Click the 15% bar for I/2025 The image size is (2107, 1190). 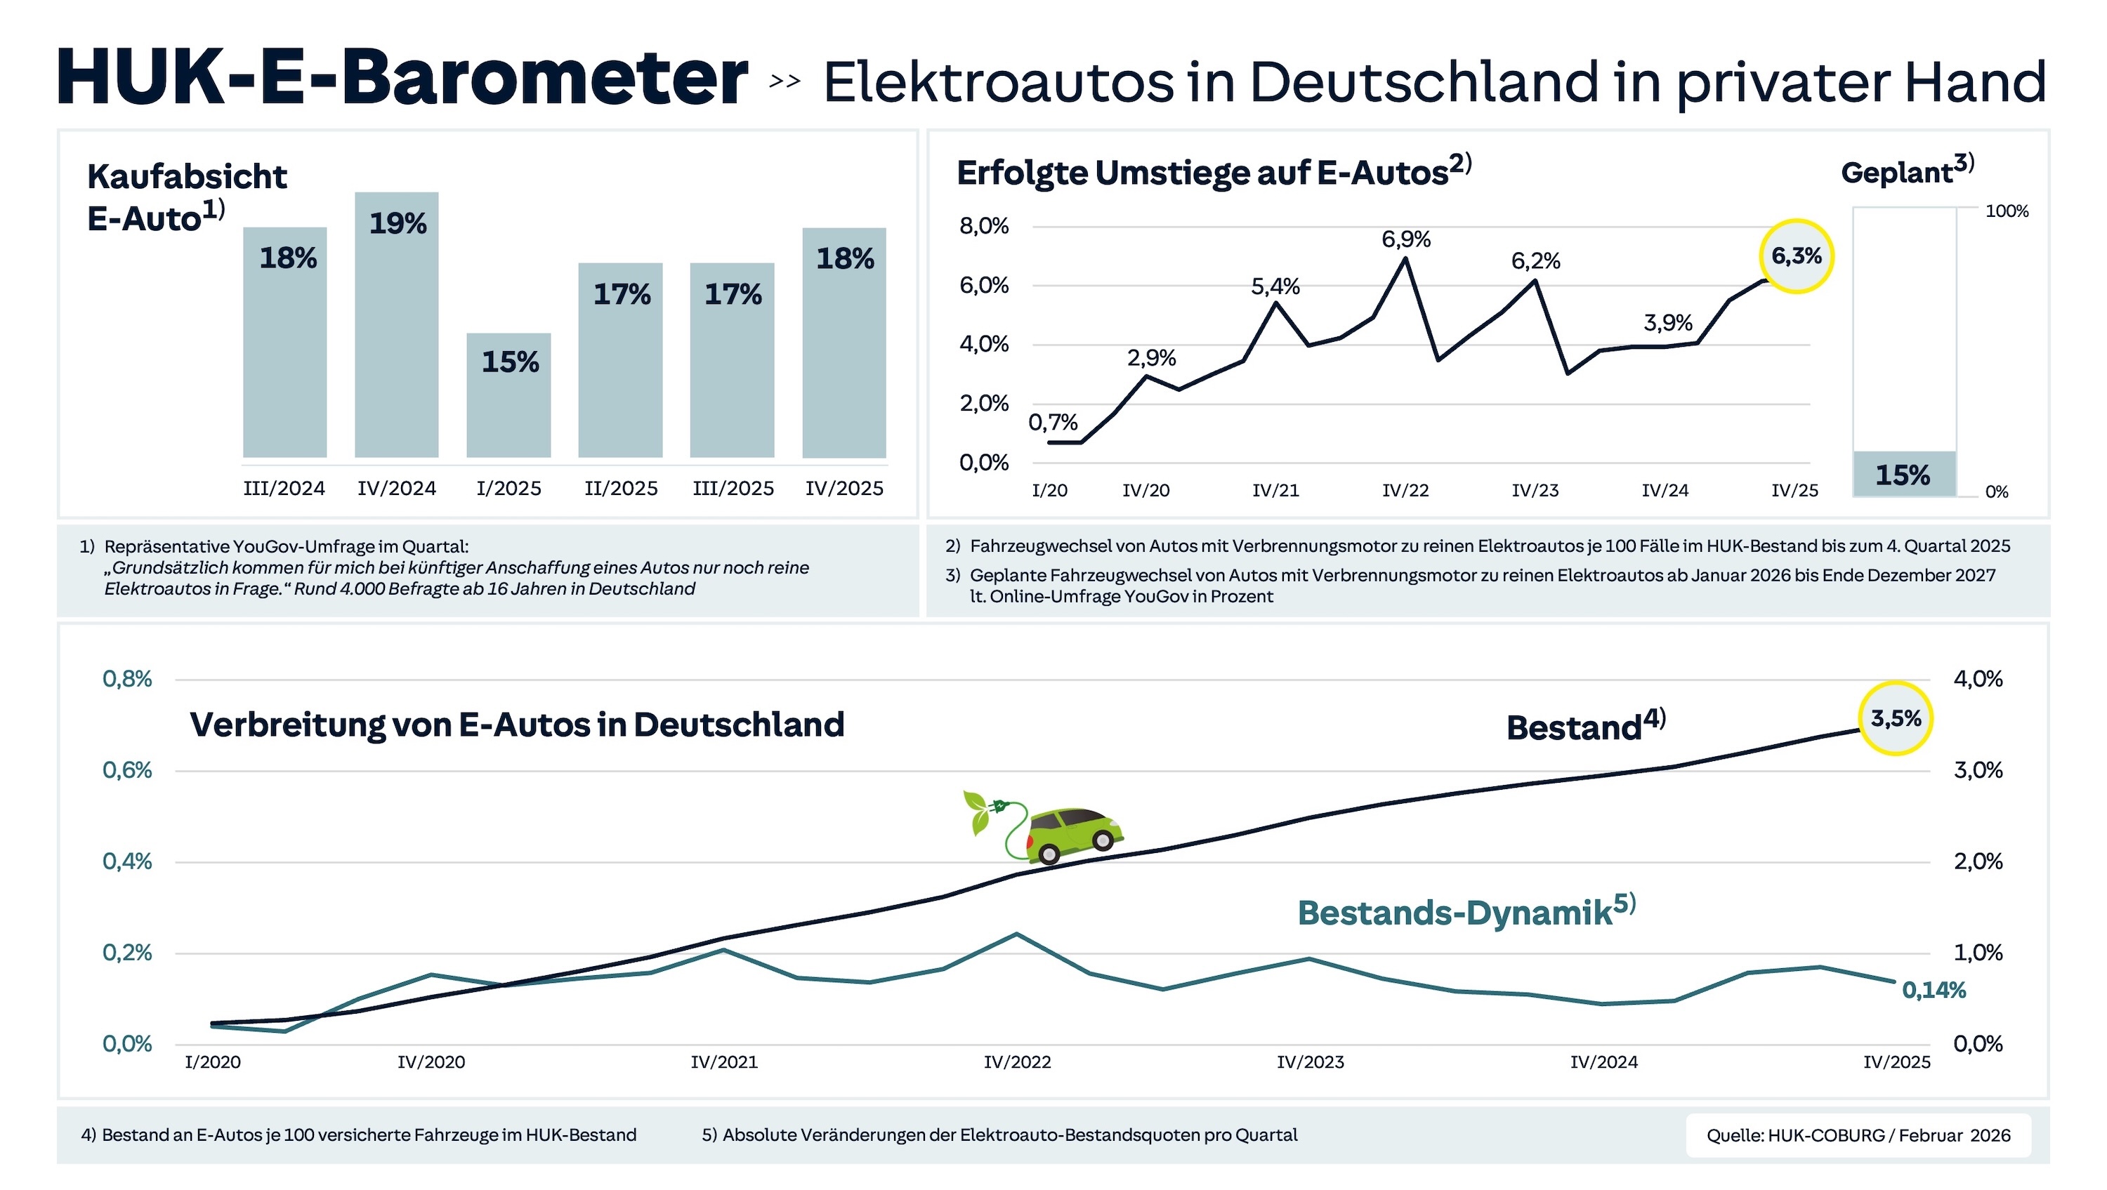point(508,395)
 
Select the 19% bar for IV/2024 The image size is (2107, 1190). point(397,324)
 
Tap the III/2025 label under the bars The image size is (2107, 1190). point(733,488)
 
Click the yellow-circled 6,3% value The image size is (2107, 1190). point(1796,256)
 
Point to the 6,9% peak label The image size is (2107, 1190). point(1406,239)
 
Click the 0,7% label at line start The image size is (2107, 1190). point(1053,423)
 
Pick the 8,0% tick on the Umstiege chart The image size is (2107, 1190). point(984,226)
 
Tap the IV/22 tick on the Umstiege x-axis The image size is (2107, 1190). point(1405,491)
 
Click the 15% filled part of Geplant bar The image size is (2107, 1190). point(1904,475)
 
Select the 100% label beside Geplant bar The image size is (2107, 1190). point(2007,211)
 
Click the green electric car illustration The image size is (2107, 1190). point(1073,834)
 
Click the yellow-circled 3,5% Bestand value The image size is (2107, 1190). point(1895,718)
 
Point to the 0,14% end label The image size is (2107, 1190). point(1934,991)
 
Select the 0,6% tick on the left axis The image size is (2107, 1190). point(128,770)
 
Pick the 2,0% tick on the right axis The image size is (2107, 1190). point(1978,861)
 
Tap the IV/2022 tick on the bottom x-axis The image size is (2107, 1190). point(1017,1062)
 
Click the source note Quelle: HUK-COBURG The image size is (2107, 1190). point(1858,1135)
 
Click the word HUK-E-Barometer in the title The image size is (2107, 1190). point(402,78)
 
